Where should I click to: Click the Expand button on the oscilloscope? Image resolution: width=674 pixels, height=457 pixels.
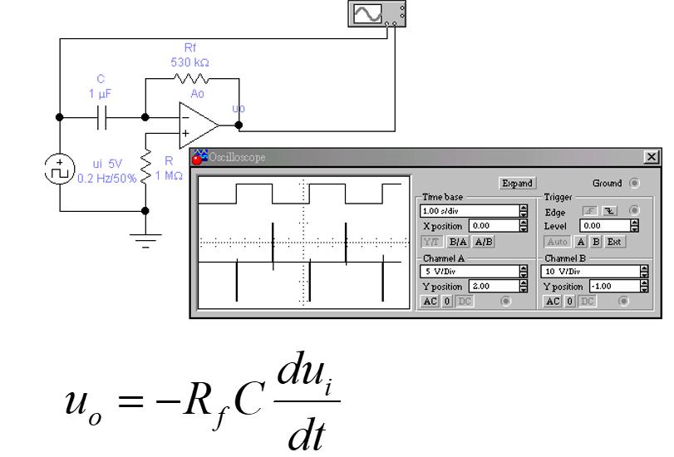(x=516, y=183)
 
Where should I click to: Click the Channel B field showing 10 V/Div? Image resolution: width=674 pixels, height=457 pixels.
(x=590, y=271)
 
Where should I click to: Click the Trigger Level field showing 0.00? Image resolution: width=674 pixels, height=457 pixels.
(x=598, y=225)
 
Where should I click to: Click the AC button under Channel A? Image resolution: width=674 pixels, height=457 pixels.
(x=429, y=300)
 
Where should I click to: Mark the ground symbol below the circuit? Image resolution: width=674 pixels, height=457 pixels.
(x=145, y=240)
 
